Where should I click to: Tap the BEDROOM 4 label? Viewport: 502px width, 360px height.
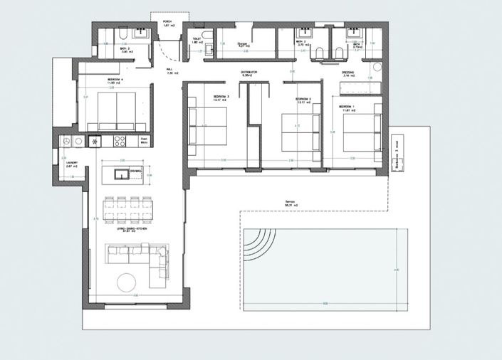(116, 80)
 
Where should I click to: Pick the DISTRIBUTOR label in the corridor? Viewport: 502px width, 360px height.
(248, 73)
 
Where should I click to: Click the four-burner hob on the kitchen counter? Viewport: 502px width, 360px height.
(119, 142)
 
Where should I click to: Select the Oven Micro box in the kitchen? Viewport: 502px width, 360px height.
(143, 141)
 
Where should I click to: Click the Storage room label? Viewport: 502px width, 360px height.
(242, 44)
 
